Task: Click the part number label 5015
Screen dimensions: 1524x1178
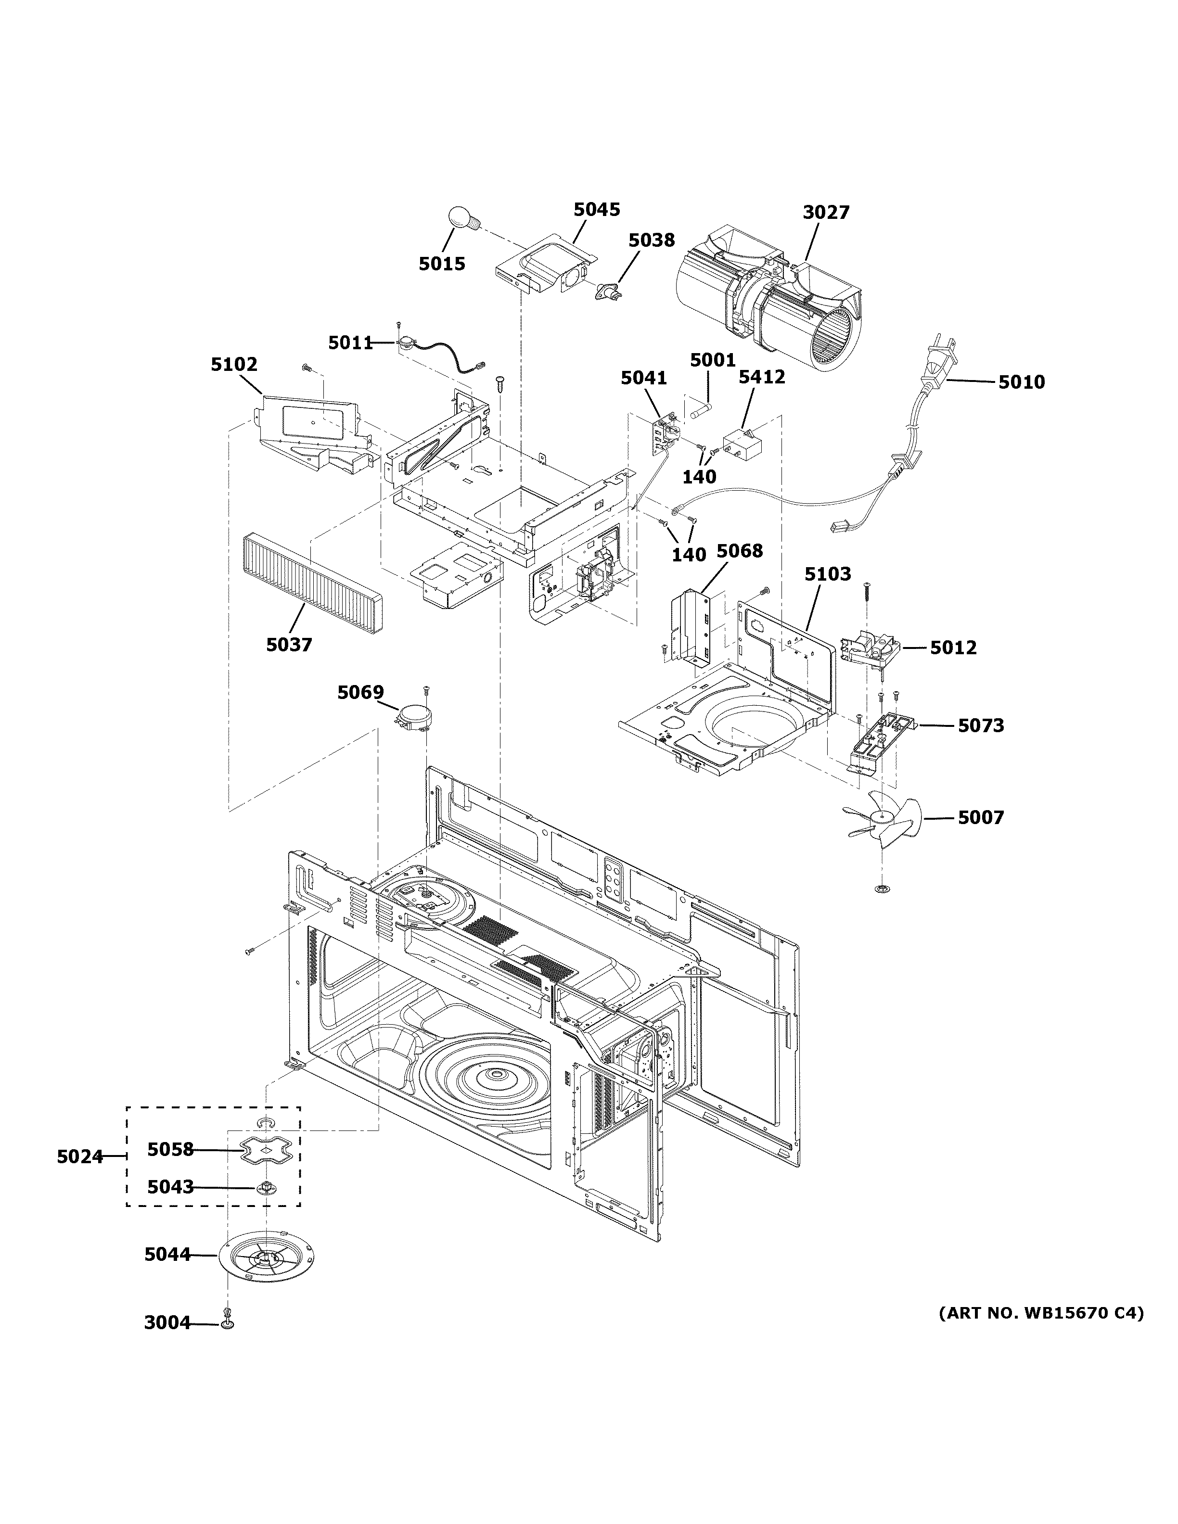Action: click(x=442, y=264)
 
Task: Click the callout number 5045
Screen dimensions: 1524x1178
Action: click(x=597, y=209)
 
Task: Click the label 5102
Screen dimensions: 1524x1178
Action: click(x=234, y=364)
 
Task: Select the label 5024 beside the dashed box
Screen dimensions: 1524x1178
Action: click(x=79, y=1157)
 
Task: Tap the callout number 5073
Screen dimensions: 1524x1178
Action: click(x=981, y=726)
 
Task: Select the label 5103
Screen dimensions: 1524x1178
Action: click(x=828, y=574)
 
